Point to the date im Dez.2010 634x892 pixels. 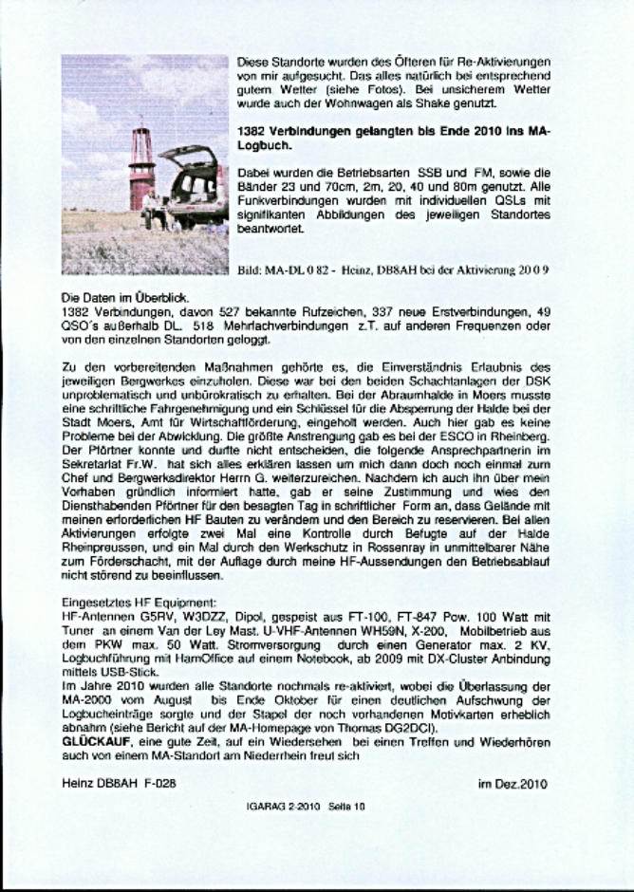tap(513, 784)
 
